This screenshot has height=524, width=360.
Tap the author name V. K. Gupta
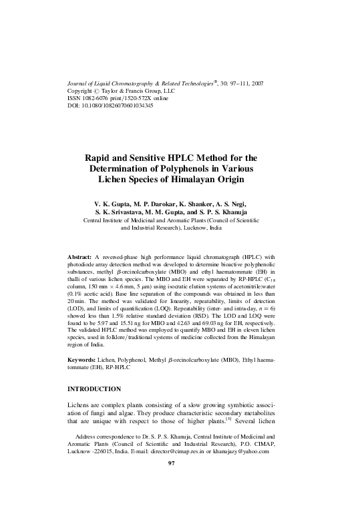pos(116,201)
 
